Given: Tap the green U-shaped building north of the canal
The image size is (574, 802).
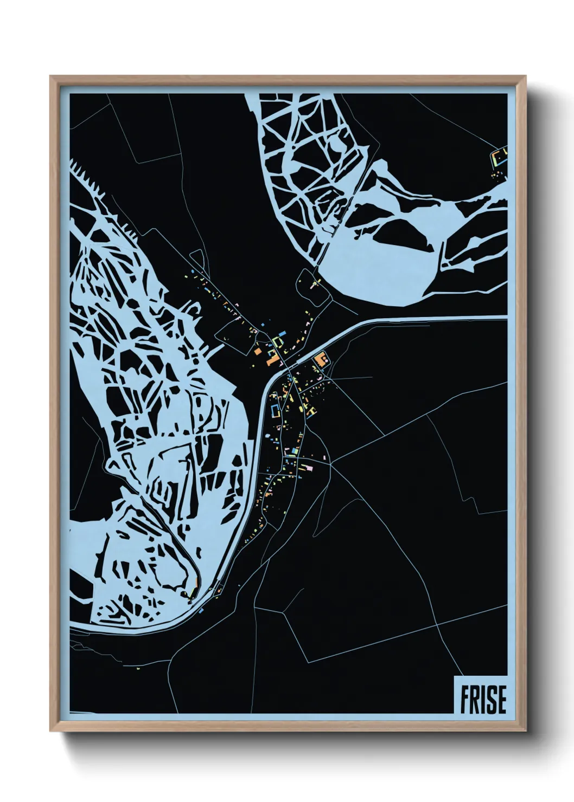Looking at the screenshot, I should pyautogui.click(x=278, y=342).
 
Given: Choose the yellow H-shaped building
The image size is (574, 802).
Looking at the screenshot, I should pyautogui.click(x=311, y=412).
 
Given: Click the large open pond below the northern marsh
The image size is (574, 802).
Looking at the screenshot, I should pyautogui.click(x=380, y=266).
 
